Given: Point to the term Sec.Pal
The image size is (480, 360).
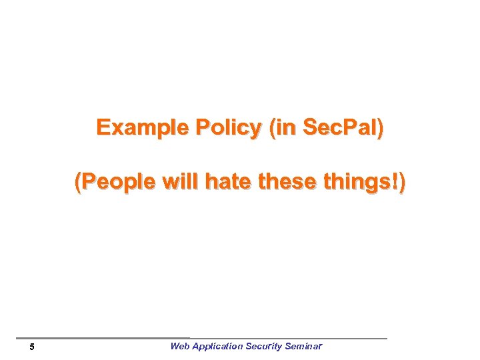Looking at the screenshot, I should pyautogui.click(x=340, y=128).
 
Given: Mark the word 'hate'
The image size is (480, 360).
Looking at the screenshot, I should pyautogui.click(x=227, y=181).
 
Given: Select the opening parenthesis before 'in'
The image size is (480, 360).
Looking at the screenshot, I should pyautogui.click(x=272, y=128).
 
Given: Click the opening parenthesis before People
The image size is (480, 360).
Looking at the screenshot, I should pyautogui.click(x=78, y=181).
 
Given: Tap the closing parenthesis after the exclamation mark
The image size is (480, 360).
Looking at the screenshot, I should pyautogui.click(x=401, y=181).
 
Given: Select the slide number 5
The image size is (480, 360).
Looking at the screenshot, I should pyautogui.click(x=32, y=347).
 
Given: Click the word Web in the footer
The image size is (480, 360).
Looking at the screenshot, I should pyautogui.click(x=180, y=346).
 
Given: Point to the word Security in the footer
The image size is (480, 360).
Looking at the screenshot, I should pyautogui.click(x=263, y=346).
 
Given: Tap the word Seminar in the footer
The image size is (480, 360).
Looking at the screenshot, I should pyautogui.click(x=303, y=346).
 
